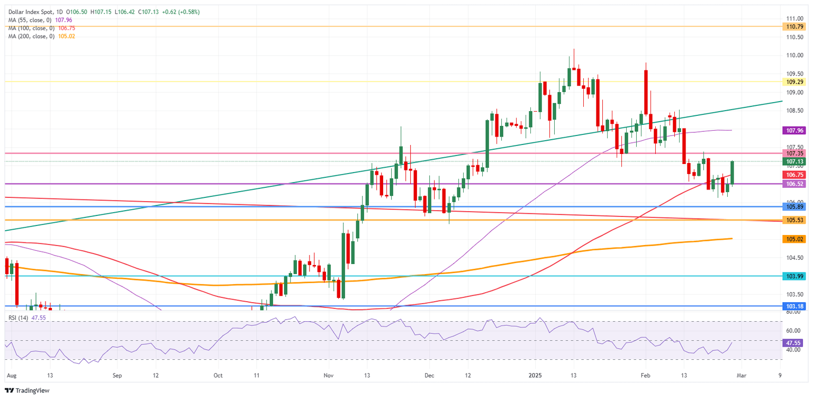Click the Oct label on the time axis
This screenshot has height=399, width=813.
click(x=217, y=375)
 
